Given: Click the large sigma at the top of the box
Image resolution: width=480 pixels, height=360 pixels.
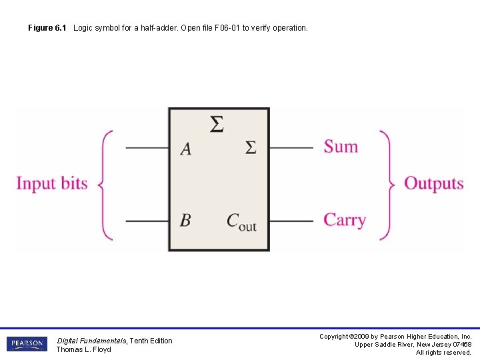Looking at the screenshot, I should [x=217, y=125].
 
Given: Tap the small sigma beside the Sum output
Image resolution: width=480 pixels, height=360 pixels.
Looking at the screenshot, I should [x=250, y=147].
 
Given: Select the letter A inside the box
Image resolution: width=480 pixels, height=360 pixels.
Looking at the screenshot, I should [x=186, y=149].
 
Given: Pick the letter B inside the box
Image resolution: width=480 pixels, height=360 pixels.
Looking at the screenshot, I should [x=185, y=220].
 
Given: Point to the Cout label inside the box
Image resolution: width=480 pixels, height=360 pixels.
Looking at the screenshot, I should [x=241, y=221].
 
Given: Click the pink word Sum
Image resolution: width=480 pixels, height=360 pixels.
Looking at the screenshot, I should [x=341, y=147].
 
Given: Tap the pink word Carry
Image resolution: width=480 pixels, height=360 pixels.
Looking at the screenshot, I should [x=345, y=220].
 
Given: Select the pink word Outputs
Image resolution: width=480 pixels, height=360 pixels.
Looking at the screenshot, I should [x=433, y=183].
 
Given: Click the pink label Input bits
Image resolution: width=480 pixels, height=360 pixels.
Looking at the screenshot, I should [x=52, y=183].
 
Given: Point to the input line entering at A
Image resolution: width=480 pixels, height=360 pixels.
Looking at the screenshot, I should [x=147, y=148].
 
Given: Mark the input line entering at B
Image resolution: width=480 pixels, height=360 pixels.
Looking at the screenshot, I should [x=147, y=221].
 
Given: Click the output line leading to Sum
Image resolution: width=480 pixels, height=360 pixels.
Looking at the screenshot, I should [x=291, y=148].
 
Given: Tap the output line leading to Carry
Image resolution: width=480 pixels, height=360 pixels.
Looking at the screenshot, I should [x=291, y=221].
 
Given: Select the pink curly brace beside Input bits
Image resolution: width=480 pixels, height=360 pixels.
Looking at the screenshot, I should [x=105, y=184].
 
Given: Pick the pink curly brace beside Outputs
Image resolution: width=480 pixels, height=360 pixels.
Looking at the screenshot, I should [x=386, y=184].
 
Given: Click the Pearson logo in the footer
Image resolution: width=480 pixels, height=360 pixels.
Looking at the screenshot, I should [x=27, y=344].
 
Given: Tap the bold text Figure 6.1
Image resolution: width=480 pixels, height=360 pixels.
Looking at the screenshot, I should [x=47, y=28].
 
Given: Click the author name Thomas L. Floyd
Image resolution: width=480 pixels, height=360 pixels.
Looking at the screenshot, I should [x=83, y=349].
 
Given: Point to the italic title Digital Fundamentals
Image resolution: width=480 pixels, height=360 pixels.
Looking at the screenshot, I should [x=91, y=341].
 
